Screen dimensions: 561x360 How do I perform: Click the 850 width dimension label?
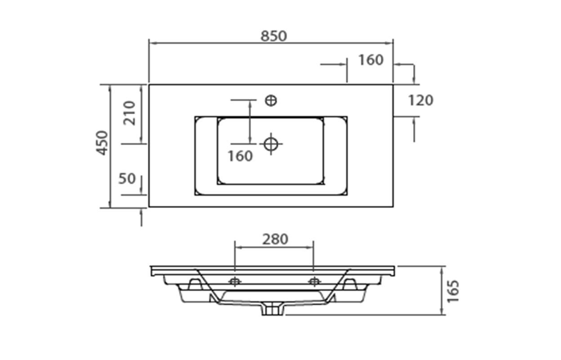click(x=273, y=36)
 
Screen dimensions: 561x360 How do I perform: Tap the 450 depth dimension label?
click(x=102, y=143)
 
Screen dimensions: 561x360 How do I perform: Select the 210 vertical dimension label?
click(x=129, y=113)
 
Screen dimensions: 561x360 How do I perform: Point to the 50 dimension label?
click(x=127, y=178)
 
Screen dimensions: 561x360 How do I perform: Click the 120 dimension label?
click(x=421, y=100)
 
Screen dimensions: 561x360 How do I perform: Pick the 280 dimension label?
click(x=275, y=239)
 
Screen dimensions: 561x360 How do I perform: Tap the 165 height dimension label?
click(x=453, y=291)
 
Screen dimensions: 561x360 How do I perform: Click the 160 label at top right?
click(x=371, y=60)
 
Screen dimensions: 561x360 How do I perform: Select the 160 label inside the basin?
click(x=240, y=156)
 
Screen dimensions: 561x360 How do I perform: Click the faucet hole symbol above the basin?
click(x=271, y=101)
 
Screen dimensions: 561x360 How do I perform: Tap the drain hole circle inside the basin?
click(x=271, y=144)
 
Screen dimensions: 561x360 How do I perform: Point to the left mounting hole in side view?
click(x=235, y=282)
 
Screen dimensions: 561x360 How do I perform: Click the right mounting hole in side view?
click(x=314, y=282)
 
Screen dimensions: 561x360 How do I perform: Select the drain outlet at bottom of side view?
click(x=272, y=309)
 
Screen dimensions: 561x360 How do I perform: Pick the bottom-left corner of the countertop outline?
click(x=149, y=207)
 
